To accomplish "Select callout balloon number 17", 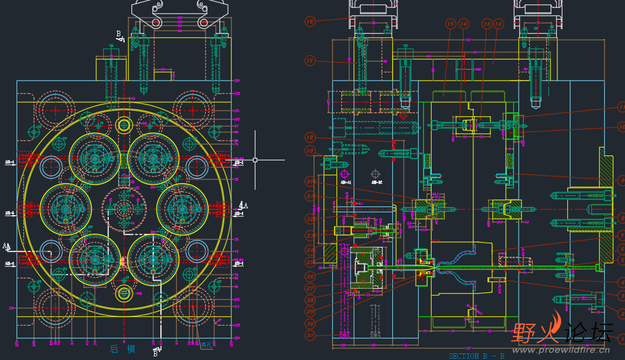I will click(309, 61).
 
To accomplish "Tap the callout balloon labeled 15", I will click(451, 24).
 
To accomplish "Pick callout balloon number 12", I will click(499, 24).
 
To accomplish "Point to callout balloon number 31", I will click(309, 335).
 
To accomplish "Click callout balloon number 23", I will click(309, 235).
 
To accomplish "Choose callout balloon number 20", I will click(309, 181).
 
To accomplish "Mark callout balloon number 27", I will click(309, 288).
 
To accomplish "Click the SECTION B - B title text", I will click(476, 356).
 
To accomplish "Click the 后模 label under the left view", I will click(123, 349).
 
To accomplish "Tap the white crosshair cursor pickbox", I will click(255, 160).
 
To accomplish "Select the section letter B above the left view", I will click(119, 34).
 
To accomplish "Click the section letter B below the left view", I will click(156, 353).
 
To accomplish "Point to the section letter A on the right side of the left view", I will click(246, 205).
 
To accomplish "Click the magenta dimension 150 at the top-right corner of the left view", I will click(237, 81).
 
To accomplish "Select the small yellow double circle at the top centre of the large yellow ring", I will click(123, 125).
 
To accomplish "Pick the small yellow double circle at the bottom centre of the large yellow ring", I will click(123, 293).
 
